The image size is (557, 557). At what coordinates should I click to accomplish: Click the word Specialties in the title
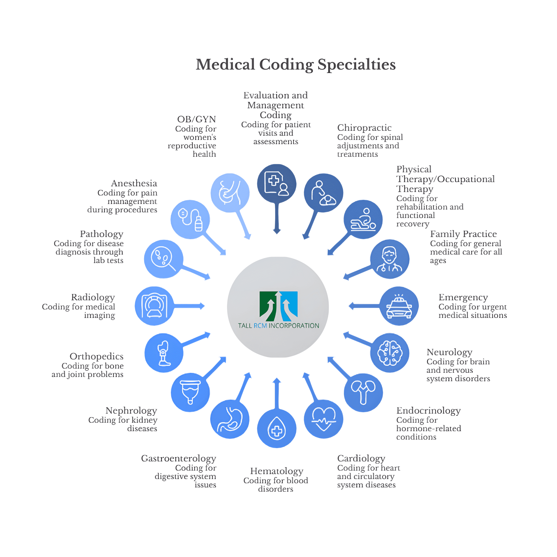(x=356, y=64)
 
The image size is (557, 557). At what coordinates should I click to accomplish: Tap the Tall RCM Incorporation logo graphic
(x=278, y=306)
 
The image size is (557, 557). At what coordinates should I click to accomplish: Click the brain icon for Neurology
(x=390, y=353)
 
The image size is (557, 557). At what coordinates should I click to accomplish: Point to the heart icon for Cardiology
(x=324, y=419)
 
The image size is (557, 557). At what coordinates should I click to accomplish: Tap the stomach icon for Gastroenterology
(x=230, y=419)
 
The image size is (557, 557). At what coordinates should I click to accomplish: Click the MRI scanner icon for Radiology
(x=154, y=306)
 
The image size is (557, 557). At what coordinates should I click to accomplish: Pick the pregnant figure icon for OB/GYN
(x=230, y=193)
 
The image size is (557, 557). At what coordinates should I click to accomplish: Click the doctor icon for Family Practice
(x=389, y=259)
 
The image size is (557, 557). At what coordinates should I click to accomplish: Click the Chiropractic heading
(x=364, y=128)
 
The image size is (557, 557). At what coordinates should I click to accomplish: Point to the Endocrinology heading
(x=428, y=410)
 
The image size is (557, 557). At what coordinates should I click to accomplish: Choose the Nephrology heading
(x=131, y=410)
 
